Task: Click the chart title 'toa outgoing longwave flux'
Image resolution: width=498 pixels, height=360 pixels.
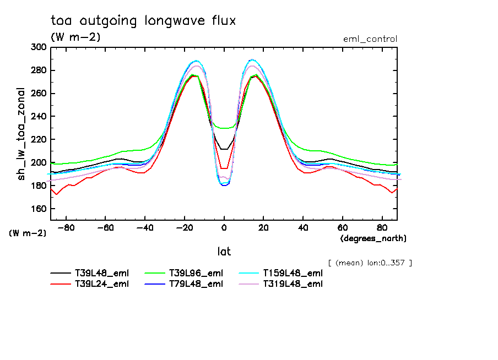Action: click(x=143, y=21)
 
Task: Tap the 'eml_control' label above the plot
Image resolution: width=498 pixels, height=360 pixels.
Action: click(x=370, y=39)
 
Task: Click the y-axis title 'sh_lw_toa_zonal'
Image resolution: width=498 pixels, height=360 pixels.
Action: click(x=23, y=134)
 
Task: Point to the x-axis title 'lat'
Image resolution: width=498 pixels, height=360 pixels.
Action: click(x=224, y=252)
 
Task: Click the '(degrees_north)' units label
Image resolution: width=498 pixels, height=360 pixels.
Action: click(x=373, y=238)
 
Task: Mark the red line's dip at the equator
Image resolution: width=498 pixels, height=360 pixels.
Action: click(x=224, y=168)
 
